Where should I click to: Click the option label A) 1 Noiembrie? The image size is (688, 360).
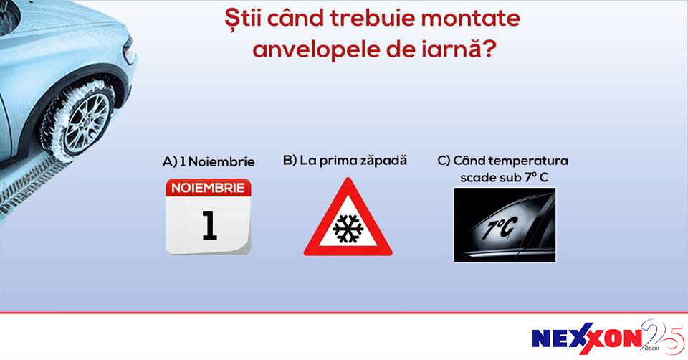tap(209, 161)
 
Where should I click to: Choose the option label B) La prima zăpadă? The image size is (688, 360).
tap(345, 160)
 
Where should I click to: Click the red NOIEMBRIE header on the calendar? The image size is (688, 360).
tap(209, 188)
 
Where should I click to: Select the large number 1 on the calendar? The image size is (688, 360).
tap(210, 225)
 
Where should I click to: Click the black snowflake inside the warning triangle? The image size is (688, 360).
tap(348, 228)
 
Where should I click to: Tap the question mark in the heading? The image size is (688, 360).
tap(489, 48)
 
